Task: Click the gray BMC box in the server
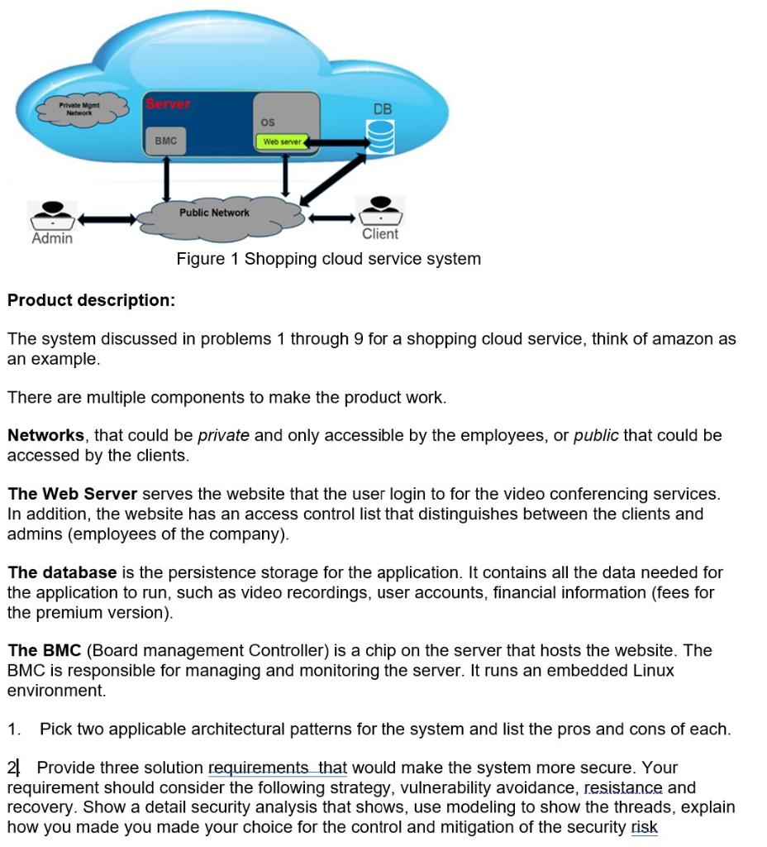[x=165, y=141]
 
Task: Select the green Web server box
[x=282, y=142]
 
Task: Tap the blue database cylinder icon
[x=381, y=136]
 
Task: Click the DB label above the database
[x=383, y=109]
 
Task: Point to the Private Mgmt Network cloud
[x=80, y=108]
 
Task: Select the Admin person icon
[x=52, y=214]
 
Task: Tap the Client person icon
[x=380, y=211]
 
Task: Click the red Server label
[x=169, y=104]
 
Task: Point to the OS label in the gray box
[x=268, y=122]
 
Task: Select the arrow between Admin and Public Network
[x=107, y=219]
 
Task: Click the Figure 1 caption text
[x=328, y=259]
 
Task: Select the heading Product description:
[x=91, y=300]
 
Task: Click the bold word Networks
[x=45, y=435]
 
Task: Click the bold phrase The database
[x=62, y=572]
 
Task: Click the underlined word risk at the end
[x=644, y=827]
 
